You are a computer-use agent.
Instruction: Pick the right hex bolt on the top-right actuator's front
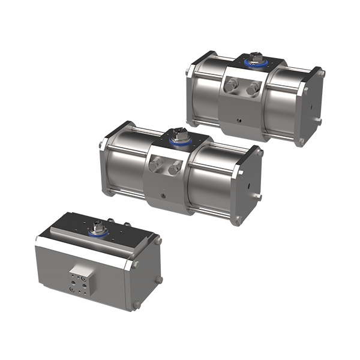tap(252, 90)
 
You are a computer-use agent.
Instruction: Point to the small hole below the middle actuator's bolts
tap(162, 195)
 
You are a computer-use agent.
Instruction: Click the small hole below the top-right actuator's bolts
tap(241, 119)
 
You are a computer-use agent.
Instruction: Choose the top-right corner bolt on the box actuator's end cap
tap(158, 242)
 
